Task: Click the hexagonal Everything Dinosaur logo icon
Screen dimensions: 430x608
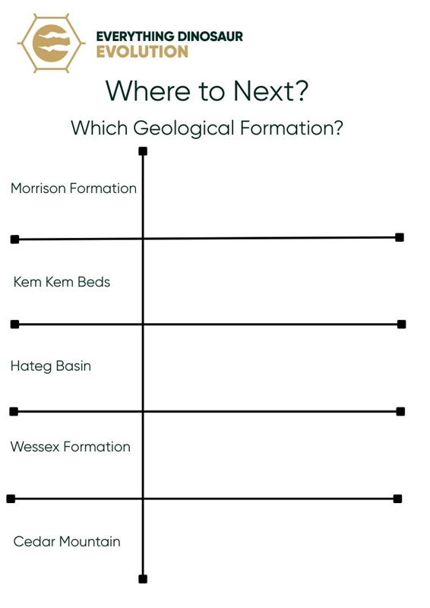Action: click(51, 43)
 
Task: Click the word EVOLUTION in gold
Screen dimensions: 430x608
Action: click(142, 52)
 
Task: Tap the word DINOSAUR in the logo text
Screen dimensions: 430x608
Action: click(210, 36)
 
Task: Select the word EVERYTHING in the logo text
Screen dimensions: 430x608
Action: click(135, 36)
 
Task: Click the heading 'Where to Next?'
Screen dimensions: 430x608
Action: click(207, 91)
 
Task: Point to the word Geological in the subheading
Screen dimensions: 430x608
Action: click(184, 128)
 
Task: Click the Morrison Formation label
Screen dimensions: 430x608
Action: click(74, 188)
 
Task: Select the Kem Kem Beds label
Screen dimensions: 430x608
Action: click(62, 282)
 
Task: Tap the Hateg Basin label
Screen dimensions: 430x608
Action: click(51, 366)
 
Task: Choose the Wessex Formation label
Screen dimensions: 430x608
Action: click(70, 447)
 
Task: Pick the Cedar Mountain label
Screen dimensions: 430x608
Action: click(67, 541)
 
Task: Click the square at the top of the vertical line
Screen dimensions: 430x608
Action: click(143, 150)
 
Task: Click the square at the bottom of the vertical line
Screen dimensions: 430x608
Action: click(143, 579)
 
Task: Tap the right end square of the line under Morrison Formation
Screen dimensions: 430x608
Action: click(400, 237)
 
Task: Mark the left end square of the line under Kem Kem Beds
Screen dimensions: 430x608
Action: click(14, 325)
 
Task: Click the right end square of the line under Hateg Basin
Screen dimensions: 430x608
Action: click(400, 411)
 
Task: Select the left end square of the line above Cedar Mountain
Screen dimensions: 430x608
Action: click(11, 499)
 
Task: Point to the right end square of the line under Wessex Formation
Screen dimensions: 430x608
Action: click(397, 499)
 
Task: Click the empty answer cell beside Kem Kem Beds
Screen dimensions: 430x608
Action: click(271, 281)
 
